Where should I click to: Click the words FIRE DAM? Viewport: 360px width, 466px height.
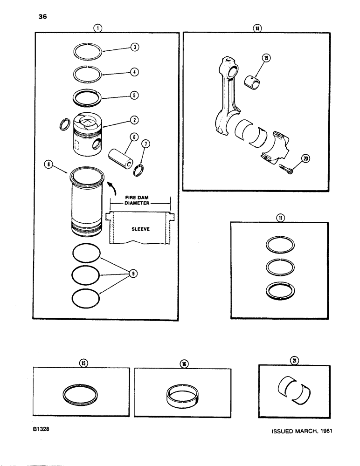coord(140,198)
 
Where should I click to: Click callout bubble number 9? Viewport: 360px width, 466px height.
coord(133,274)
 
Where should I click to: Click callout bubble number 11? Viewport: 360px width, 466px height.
coord(279,217)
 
